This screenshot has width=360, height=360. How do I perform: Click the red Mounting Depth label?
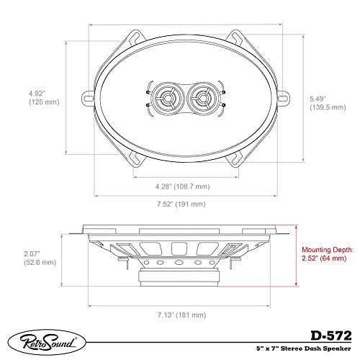pyautogui.click(x=328, y=248)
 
